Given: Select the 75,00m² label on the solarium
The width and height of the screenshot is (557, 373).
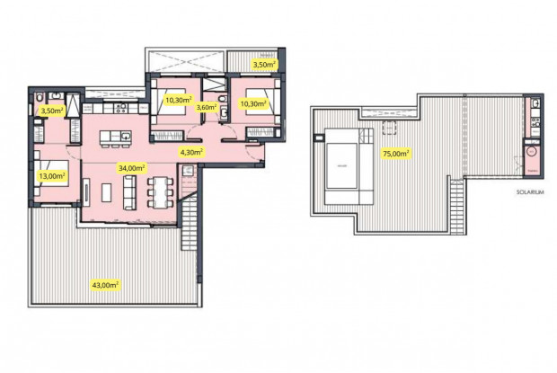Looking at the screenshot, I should (396, 153).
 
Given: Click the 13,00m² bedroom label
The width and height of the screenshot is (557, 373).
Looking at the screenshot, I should (52, 176).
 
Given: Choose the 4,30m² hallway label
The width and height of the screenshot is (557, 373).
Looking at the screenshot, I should (191, 151).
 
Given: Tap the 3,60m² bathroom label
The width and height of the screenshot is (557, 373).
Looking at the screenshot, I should (208, 107).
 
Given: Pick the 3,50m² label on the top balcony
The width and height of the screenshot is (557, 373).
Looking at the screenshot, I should (264, 65).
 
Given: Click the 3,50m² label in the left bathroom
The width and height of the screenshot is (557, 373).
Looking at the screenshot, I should (52, 111).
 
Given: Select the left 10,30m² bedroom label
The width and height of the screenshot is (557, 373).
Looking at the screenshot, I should (178, 100).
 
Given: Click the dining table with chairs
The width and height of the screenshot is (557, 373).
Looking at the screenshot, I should (161, 191).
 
